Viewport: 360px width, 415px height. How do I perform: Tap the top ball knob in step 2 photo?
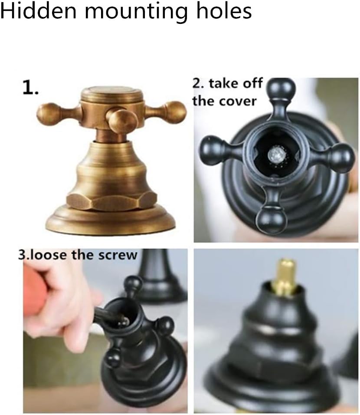(282, 89)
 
